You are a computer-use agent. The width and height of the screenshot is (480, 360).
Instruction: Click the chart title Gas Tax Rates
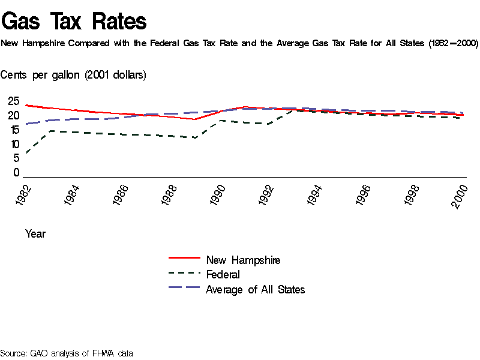[74, 22]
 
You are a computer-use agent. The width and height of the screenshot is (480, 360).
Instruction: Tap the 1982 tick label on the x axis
[26, 196]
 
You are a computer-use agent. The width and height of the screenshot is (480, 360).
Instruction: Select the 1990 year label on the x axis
[220, 196]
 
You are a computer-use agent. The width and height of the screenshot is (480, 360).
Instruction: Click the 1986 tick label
[123, 196]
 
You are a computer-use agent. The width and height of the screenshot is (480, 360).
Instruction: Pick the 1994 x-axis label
[317, 196]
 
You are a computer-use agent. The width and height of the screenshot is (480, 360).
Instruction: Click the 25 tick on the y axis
[13, 101]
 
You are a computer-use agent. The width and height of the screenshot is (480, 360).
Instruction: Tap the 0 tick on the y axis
[17, 173]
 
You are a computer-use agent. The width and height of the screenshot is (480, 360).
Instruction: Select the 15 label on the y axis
[13, 130]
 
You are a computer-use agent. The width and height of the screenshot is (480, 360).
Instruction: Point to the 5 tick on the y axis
[17, 158]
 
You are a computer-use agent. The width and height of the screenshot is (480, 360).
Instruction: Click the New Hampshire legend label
[243, 260]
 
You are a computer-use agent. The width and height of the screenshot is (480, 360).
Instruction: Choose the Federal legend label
[223, 275]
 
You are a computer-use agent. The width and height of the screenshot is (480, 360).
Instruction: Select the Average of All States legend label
[255, 290]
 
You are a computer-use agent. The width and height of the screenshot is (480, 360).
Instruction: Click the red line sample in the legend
[184, 257]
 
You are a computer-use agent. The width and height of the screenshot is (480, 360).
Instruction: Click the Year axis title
[35, 234]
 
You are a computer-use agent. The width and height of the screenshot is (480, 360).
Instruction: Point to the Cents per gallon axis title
[73, 75]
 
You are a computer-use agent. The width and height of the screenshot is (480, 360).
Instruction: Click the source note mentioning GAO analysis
[66, 353]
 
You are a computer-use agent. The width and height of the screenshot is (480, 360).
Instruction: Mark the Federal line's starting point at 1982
[26, 154]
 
